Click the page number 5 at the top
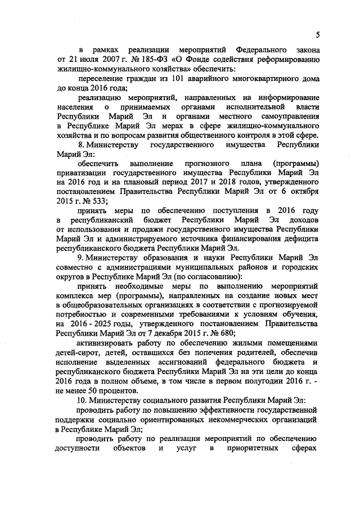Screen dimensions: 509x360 pyautogui.click(x=318, y=35)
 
